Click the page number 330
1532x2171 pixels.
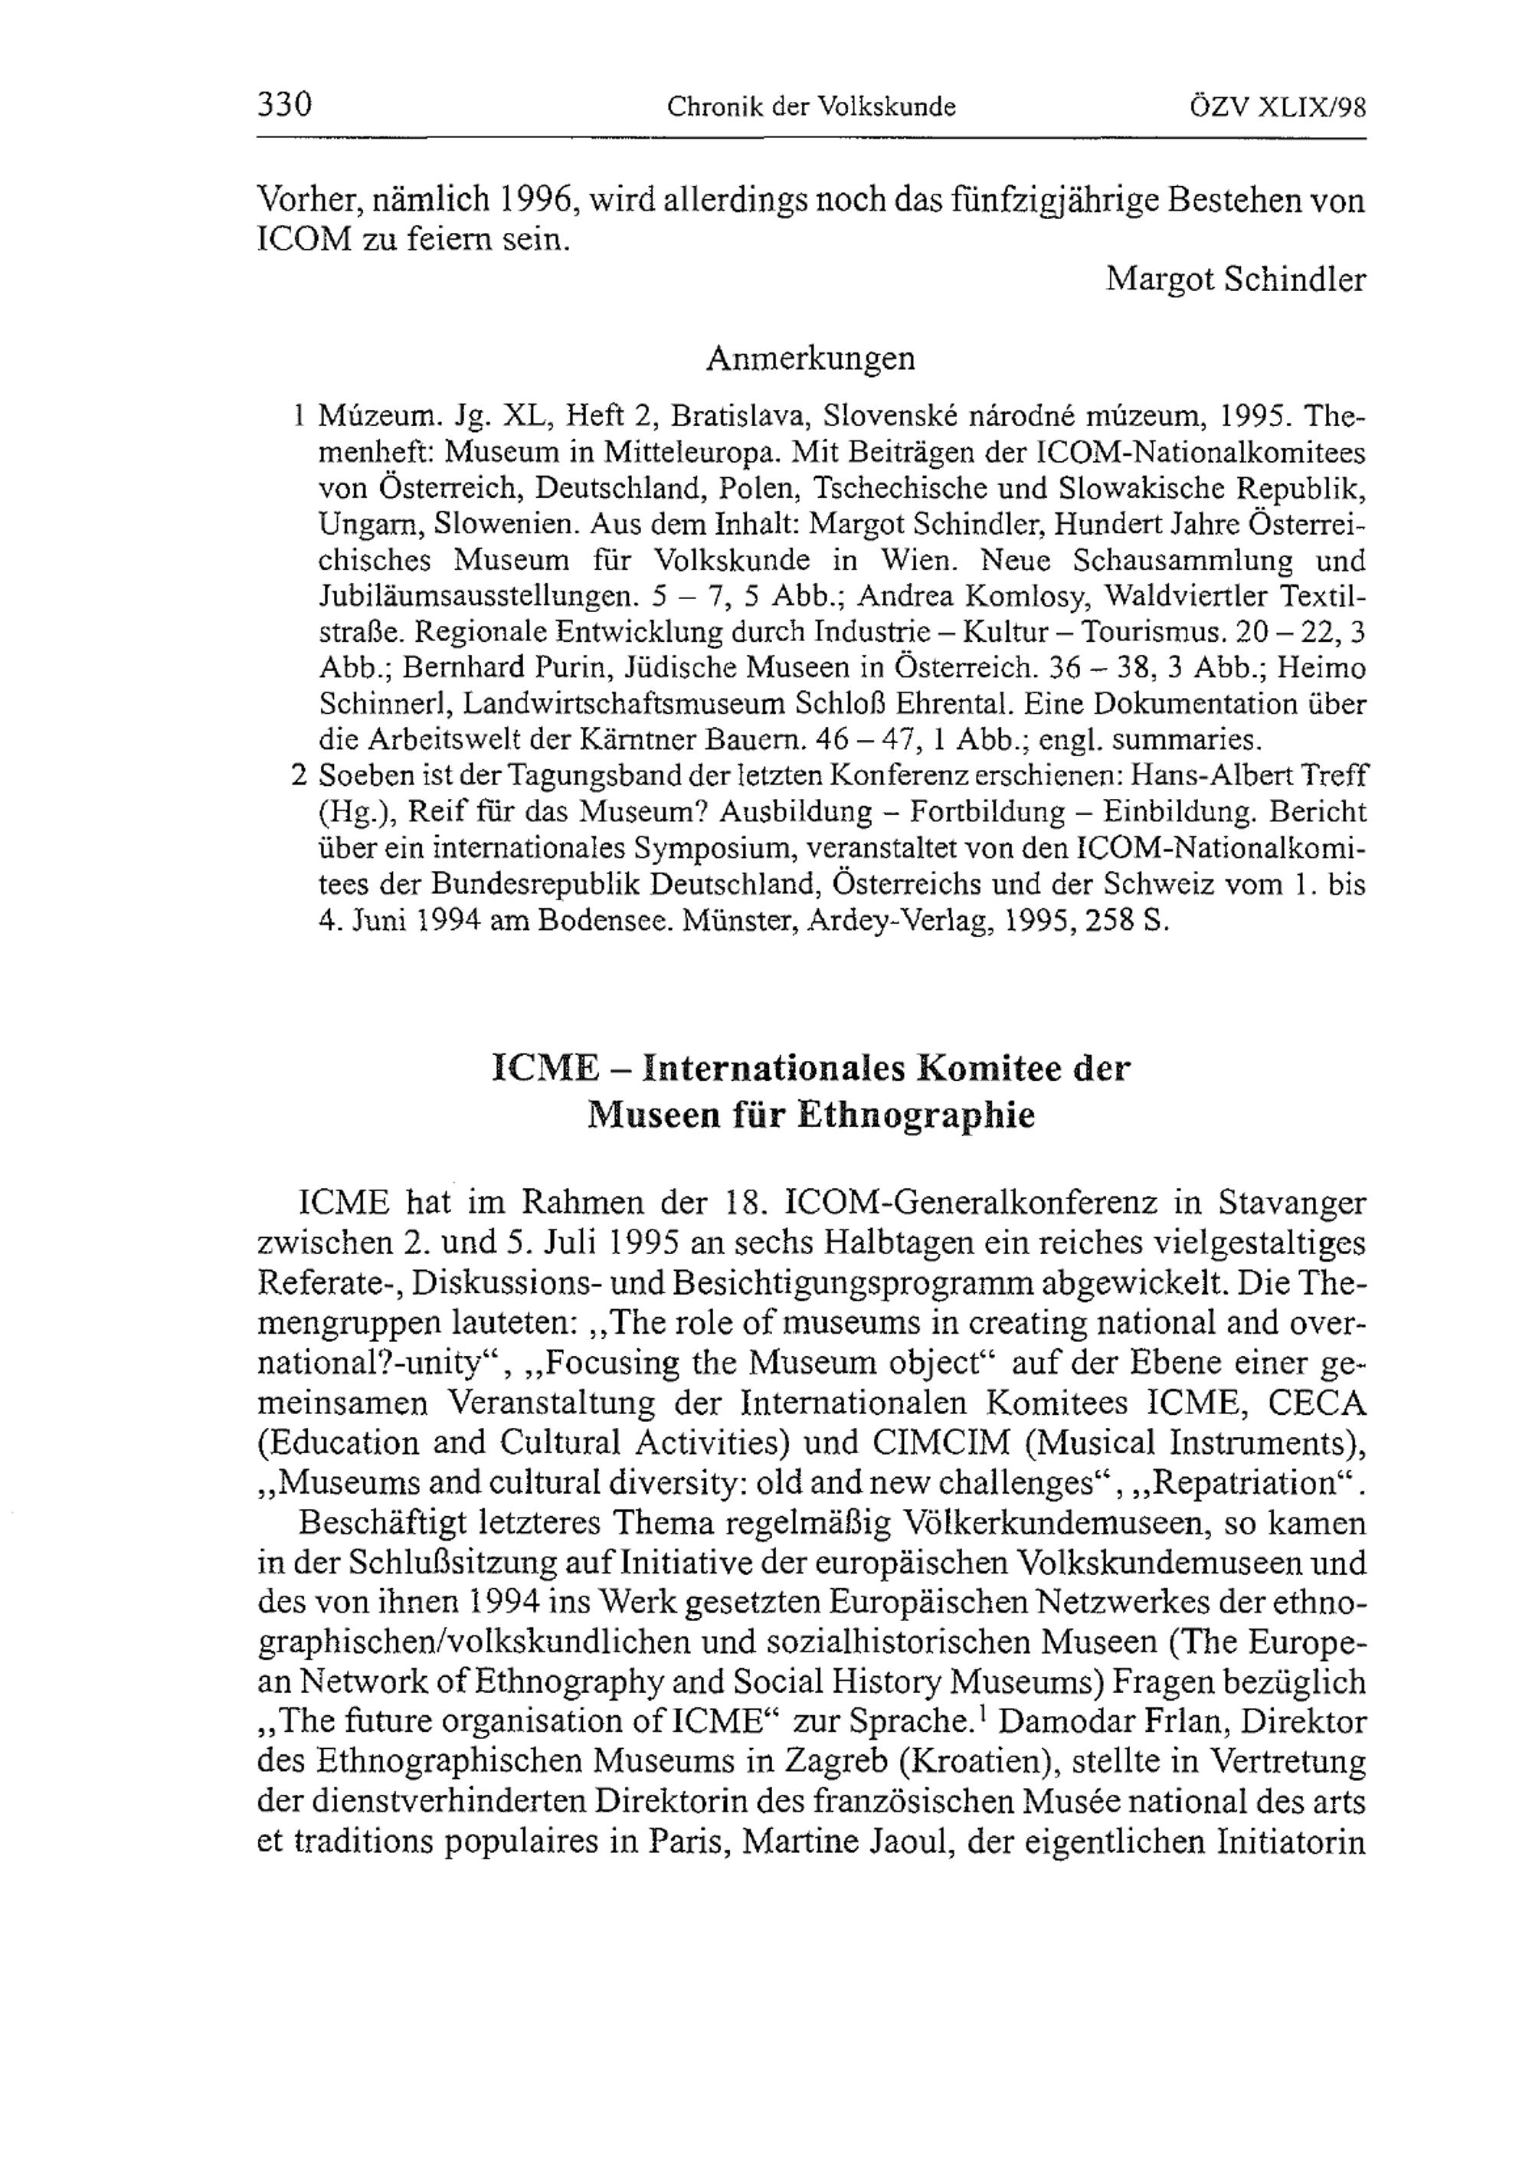pos(285,104)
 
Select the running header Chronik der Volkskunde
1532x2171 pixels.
pos(811,106)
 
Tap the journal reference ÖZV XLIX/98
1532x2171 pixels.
pos(1278,106)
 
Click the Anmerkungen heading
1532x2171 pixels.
pos(810,359)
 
